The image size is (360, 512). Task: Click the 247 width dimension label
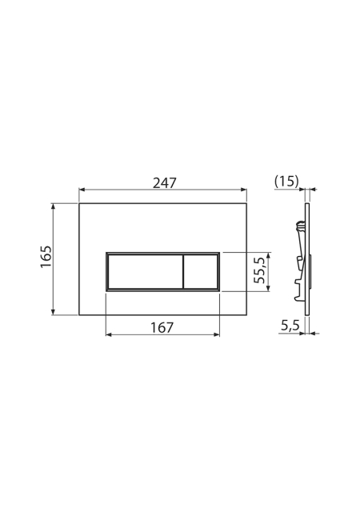pos(165,183)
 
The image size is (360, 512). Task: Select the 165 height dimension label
pos(46,256)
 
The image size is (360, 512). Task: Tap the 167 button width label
pos(162,327)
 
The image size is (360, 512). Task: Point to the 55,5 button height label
pos(260,270)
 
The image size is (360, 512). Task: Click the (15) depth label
pos(286,182)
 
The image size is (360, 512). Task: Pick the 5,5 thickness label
pos(290,326)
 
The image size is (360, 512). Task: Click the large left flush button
pos(146,272)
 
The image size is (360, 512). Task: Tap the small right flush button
pos(201,272)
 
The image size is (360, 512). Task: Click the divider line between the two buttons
pos(183,272)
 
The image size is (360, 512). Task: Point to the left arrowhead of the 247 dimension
pos(82,190)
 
